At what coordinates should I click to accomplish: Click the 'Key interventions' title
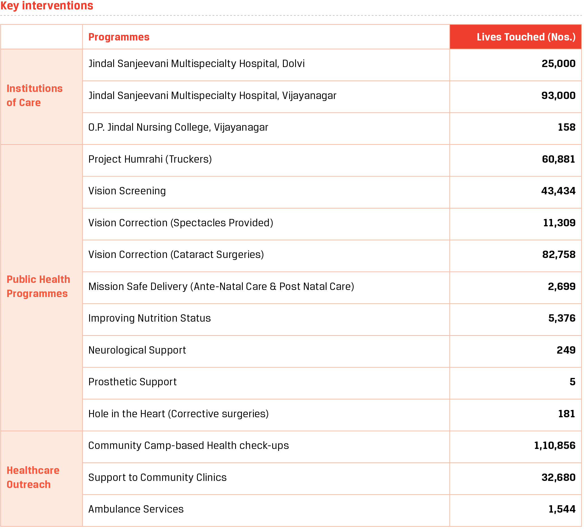click(47, 6)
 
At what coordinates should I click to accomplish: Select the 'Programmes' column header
click(119, 37)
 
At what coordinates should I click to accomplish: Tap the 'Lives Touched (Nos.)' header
click(526, 37)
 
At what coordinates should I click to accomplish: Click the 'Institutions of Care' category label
click(35, 96)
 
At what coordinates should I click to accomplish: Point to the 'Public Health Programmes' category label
click(38, 287)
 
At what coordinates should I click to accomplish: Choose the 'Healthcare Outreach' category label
click(33, 478)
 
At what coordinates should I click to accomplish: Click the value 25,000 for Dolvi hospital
click(558, 64)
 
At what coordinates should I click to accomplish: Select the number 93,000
click(558, 96)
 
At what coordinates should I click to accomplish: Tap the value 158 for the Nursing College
click(566, 127)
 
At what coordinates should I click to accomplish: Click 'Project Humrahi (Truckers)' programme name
click(150, 159)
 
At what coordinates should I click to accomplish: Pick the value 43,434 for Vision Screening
click(558, 191)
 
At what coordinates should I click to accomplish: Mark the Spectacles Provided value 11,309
click(559, 223)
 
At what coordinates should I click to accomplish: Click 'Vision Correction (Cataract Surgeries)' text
click(176, 255)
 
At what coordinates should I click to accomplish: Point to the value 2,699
click(561, 287)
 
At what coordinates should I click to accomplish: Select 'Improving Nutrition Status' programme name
click(149, 319)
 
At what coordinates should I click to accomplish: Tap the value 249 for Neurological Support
click(566, 350)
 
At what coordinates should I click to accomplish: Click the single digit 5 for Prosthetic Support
click(572, 382)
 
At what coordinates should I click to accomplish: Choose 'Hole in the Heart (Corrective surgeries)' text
click(179, 414)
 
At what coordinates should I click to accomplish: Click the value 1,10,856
click(555, 446)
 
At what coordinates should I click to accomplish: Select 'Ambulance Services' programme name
click(136, 509)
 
